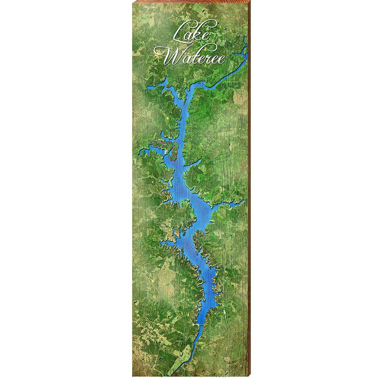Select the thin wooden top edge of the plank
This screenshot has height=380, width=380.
point(190,2)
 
